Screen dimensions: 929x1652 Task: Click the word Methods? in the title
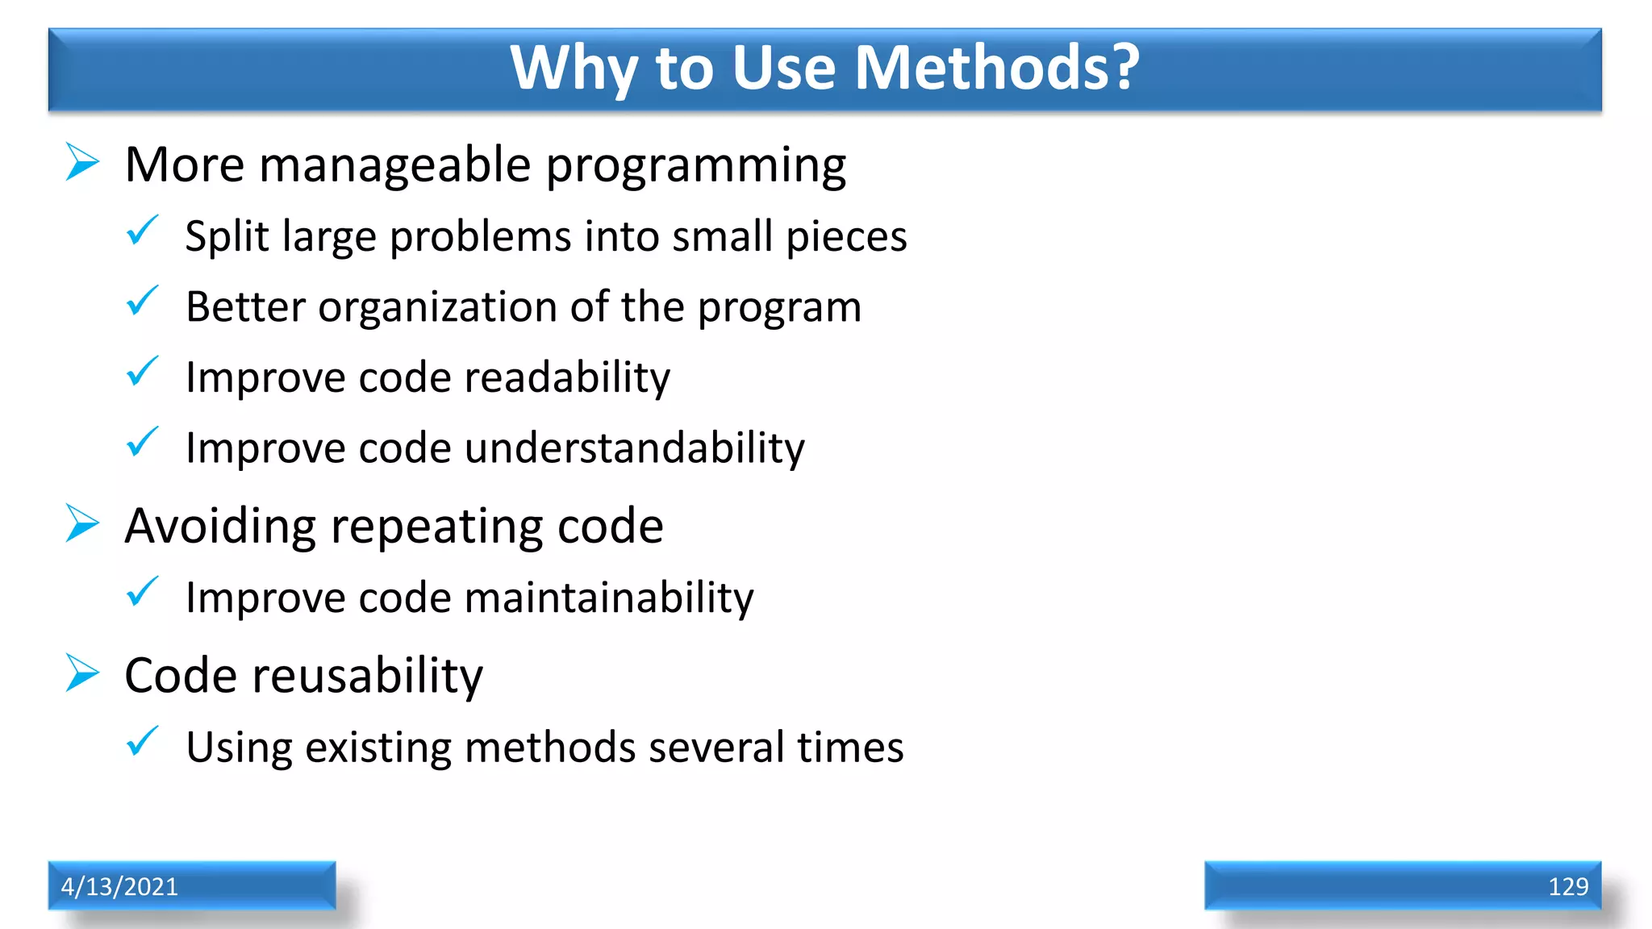(x=996, y=68)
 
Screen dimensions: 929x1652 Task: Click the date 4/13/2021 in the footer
(x=119, y=886)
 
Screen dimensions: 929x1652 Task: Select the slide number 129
(x=1567, y=886)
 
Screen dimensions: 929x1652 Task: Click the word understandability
(x=634, y=448)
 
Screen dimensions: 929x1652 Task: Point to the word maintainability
(x=609, y=598)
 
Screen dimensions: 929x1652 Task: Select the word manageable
(x=395, y=166)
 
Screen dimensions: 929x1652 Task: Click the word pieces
(x=846, y=238)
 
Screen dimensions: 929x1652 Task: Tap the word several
(x=716, y=747)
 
